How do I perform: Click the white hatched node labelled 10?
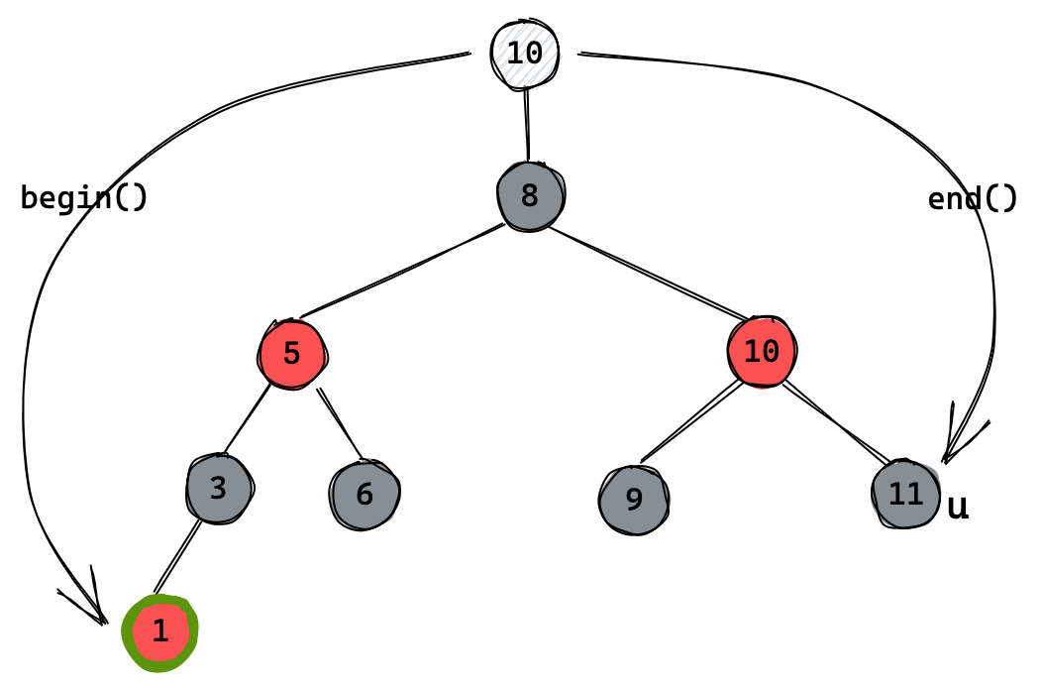coord(525,52)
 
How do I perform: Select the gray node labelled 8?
coord(530,195)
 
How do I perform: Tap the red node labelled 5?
coord(291,353)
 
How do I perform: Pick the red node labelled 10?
coord(761,350)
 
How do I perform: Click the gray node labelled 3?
coord(219,488)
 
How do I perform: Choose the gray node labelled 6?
coord(365,494)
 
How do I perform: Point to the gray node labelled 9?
coord(634,499)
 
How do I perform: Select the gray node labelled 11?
coord(905,494)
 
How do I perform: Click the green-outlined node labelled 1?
coord(160,632)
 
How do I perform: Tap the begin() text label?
coord(84,198)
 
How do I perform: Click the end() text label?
coord(972,199)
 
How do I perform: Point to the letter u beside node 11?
coord(958,508)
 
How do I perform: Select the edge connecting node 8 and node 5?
coord(401,272)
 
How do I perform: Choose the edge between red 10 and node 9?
coord(691,421)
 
